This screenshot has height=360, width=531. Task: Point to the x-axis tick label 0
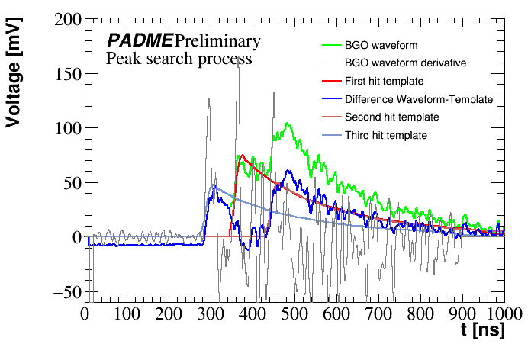tap(85, 313)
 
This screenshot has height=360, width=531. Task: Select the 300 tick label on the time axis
tap(210, 313)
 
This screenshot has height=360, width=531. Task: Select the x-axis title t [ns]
tap(484, 331)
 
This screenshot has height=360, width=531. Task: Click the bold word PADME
tap(140, 40)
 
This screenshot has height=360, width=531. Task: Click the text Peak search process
tap(179, 58)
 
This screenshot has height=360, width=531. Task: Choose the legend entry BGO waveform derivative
tap(405, 63)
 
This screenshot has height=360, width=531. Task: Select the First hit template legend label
tap(384, 80)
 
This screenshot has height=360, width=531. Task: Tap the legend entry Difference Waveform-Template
tap(419, 99)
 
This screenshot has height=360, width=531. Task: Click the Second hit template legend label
tap(391, 117)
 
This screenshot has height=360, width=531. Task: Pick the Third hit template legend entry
tap(385, 135)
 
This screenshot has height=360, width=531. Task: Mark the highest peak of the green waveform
tap(288, 124)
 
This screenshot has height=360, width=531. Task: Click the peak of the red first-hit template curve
tap(242, 156)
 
